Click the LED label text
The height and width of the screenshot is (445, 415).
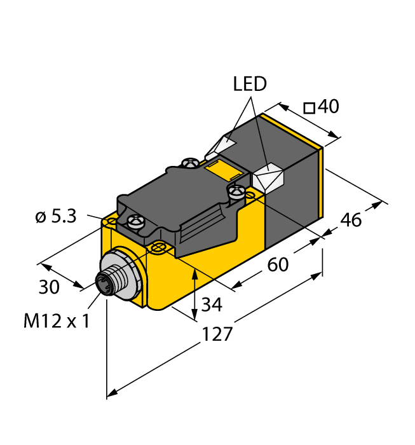(x=250, y=84)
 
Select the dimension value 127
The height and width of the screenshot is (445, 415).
(x=217, y=334)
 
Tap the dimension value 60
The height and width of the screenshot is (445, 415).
(x=278, y=264)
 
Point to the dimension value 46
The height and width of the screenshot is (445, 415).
(x=351, y=219)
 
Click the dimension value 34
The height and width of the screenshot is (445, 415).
(x=212, y=305)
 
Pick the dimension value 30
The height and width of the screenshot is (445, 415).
(x=49, y=287)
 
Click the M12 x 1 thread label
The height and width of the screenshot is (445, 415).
(x=57, y=321)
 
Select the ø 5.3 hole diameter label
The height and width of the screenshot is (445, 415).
(x=56, y=216)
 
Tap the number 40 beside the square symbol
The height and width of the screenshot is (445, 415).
(x=328, y=106)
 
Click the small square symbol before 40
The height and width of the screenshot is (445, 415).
(x=310, y=109)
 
